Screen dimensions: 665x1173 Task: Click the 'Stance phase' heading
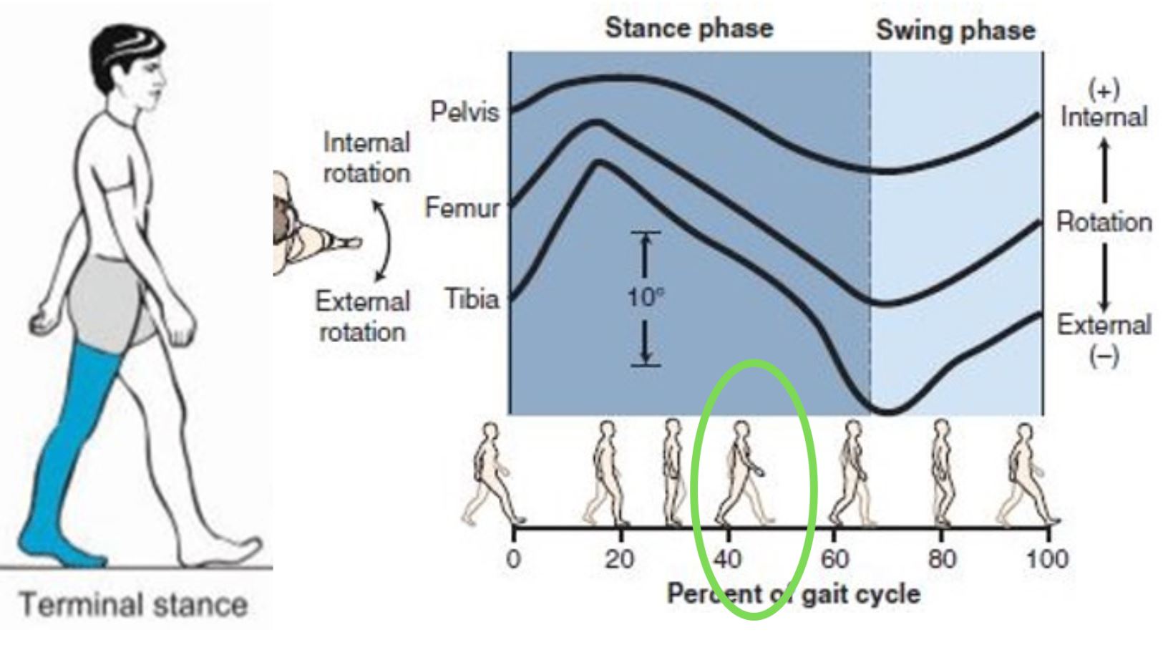[688, 29]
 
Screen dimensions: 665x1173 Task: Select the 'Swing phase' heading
[955, 30]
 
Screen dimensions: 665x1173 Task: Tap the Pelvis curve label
[464, 112]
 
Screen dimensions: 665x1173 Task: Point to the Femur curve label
[462, 208]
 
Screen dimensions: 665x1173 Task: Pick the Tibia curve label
[472, 298]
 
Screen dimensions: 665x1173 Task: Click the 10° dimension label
[645, 298]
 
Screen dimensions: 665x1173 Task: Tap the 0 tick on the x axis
[513, 558]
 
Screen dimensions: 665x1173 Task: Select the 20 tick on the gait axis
[620, 558]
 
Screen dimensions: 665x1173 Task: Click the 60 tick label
[834, 558]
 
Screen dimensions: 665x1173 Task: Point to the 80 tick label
[941, 558]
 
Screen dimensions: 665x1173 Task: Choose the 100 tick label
[1046, 558]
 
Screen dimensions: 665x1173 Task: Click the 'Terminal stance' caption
[134, 606]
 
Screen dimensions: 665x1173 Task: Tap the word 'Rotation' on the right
[1104, 222]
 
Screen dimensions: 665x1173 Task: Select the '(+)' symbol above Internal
[1104, 90]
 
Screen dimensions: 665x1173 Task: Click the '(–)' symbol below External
[1104, 356]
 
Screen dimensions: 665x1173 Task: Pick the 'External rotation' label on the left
[363, 316]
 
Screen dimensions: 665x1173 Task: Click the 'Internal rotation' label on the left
[366, 157]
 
